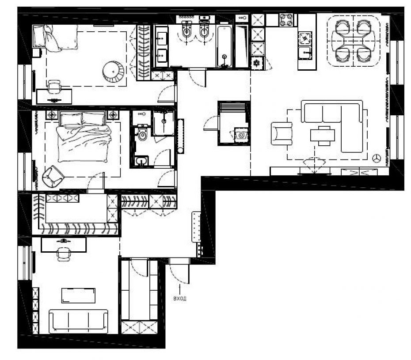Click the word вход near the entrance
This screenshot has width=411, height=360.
180,298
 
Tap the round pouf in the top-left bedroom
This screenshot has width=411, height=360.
113,71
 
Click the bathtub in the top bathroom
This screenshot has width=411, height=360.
225,47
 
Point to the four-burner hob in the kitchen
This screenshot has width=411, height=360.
286,20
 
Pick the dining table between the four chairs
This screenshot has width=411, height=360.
354,41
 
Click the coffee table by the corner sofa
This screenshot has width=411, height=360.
323,136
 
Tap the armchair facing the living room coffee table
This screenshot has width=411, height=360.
282,134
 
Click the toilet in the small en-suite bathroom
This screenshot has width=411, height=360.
143,133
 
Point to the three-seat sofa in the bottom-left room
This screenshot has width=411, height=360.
78,321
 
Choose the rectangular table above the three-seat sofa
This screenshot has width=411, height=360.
78,296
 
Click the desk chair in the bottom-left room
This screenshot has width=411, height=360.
64,254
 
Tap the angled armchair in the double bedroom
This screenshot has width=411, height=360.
53,176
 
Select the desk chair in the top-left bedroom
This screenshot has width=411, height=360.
54,87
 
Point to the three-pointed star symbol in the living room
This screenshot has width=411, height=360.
377,158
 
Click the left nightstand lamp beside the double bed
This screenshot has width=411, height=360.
52,115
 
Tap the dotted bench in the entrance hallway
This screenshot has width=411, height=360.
196,227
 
